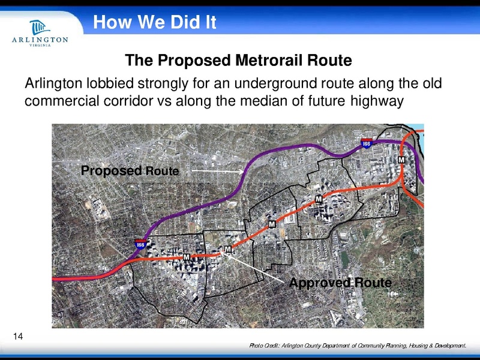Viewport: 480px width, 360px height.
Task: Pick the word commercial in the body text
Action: [x=62, y=100]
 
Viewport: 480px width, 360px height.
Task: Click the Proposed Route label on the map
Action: [x=130, y=172]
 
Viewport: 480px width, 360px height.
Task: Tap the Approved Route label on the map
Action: [x=340, y=283]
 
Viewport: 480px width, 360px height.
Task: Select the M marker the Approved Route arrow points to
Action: [x=228, y=249]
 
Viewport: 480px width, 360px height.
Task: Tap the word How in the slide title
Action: [x=109, y=23]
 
